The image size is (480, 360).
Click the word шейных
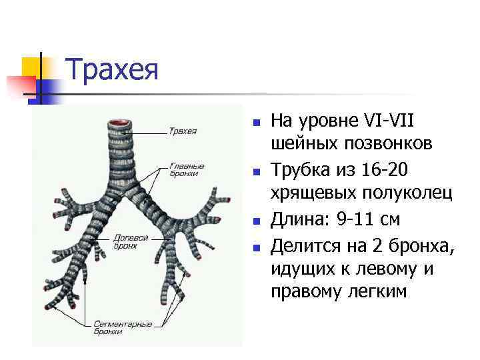pyautogui.click(x=304, y=143)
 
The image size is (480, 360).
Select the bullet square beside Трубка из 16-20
pyautogui.click(x=255, y=172)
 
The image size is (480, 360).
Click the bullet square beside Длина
pyautogui.click(x=255, y=221)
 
